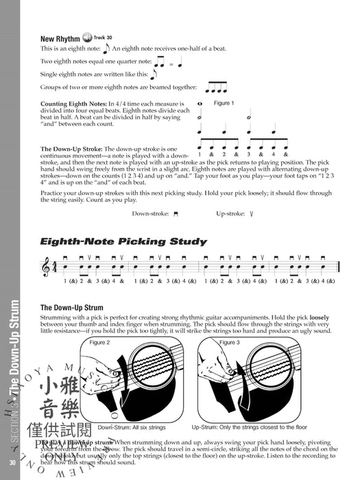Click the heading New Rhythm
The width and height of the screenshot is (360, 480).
(x=59, y=38)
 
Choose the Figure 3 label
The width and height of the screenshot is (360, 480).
(x=230, y=342)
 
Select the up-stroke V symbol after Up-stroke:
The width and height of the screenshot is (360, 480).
(x=252, y=214)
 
